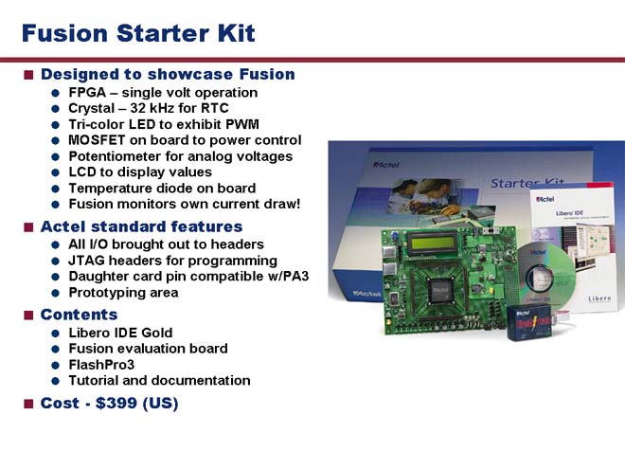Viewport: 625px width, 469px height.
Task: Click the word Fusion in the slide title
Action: pyautogui.click(x=65, y=33)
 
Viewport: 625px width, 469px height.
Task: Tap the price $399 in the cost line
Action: pyautogui.click(x=116, y=403)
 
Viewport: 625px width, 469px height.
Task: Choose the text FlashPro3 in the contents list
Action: pyautogui.click(x=101, y=365)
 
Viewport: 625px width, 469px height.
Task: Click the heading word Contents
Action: pyautogui.click(x=79, y=315)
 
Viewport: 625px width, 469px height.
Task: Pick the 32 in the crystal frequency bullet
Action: pyautogui.click(x=138, y=108)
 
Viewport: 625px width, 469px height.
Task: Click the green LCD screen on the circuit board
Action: pyautogui.click(x=432, y=243)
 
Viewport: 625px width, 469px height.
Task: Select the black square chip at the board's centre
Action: pyautogui.click(x=439, y=291)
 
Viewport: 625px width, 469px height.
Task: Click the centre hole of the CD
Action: pyautogui.click(x=540, y=278)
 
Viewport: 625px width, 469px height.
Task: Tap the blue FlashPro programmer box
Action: pyautogui.click(x=529, y=322)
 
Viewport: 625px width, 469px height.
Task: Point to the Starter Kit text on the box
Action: pyautogui.click(x=527, y=183)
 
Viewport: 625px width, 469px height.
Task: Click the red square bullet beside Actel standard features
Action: pyautogui.click(x=28, y=227)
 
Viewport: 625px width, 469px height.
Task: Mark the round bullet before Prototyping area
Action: pyautogui.click(x=56, y=293)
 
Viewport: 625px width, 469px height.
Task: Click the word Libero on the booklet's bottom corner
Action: pyautogui.click(x=599, y=298)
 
